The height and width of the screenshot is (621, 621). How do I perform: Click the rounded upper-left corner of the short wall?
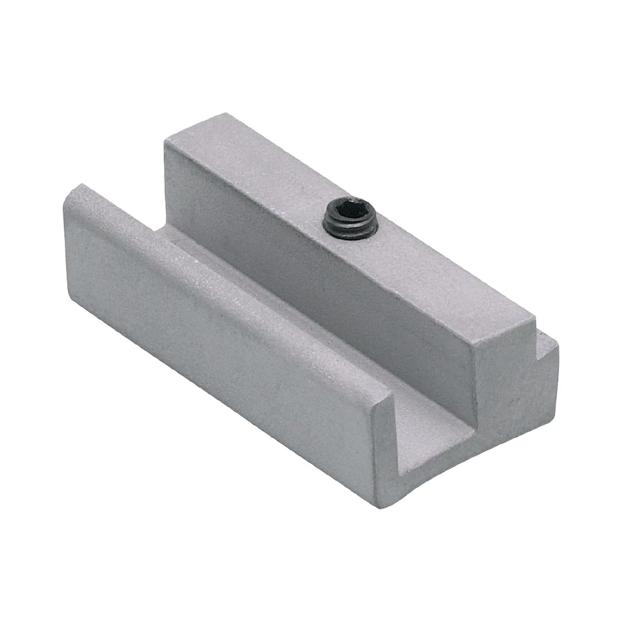coord(73,191)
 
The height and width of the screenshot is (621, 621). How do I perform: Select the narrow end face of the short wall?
coord(387,430)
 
